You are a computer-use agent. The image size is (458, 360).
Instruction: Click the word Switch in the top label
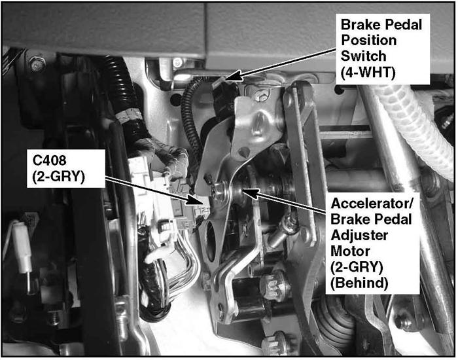[363, 56]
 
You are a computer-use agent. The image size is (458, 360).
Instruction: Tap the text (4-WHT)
[368, 72]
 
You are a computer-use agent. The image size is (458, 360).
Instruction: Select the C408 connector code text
[49, 160]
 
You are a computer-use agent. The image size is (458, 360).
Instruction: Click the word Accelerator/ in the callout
[372, 204]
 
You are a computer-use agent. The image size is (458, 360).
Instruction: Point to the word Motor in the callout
[350, 251]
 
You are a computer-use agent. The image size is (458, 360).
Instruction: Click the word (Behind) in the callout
[360, 283]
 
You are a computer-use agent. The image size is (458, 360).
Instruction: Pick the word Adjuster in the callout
[359, 236]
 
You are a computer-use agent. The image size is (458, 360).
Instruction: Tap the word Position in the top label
[368, 40]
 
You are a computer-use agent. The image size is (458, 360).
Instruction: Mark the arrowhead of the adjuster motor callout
[249, 193]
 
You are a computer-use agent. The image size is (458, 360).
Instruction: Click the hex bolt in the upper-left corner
[37, 63]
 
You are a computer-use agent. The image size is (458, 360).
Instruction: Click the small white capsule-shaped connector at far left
[22, 247]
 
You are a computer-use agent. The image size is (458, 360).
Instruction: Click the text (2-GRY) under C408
[59, 176]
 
